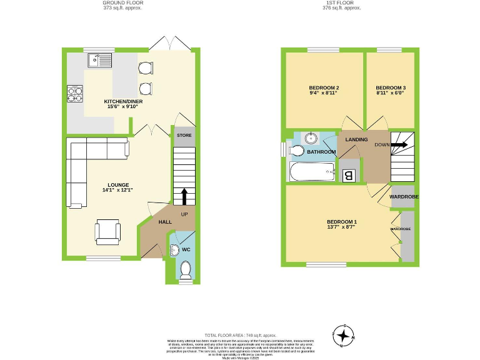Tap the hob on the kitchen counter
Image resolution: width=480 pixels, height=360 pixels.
[x=75, y=93]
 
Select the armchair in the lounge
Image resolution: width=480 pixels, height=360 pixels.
[x=108, y=231]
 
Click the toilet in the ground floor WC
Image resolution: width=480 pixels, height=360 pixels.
[x=185, y=269]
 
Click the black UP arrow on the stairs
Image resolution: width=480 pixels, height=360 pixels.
[x=184, y=196]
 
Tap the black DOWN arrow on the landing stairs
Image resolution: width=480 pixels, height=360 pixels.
[x=400, y=144]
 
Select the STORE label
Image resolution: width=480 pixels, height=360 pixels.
[x=184, y=136]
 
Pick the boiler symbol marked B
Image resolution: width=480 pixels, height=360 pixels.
[x=349, y=176]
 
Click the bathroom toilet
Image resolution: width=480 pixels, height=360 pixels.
[x=296, y=151]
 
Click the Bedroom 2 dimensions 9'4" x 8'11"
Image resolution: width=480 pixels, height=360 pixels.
[x=324, y=93]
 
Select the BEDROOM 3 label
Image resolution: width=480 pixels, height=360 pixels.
[x=391, y=87]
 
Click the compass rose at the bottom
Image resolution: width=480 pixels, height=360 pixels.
[x=343, y=335]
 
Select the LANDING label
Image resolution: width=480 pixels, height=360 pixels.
[x=356, y=139]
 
